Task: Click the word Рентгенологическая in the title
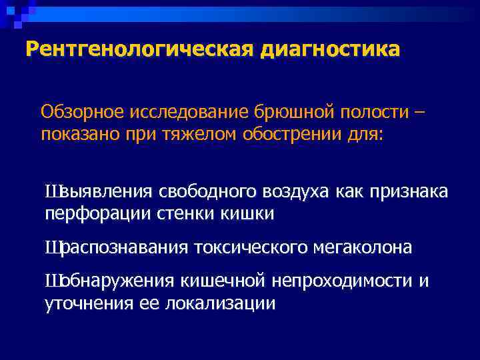tap(140, 49)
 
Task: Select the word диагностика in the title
tap(331, 49)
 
